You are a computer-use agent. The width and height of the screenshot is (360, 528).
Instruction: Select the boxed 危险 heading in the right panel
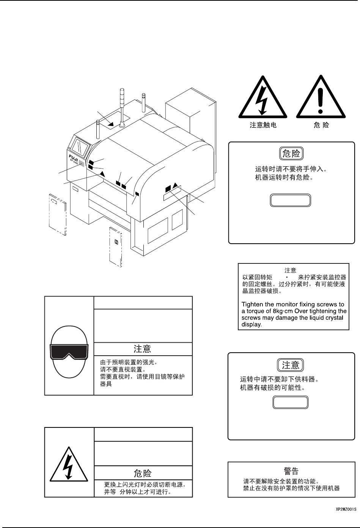pyautogui.click(x=291, y=154)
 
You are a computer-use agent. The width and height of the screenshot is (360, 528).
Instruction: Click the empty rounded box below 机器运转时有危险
pyautogui.click(x=291, y=200)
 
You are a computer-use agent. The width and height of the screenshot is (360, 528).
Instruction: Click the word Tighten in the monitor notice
pyautogui.click(x=252, y=304)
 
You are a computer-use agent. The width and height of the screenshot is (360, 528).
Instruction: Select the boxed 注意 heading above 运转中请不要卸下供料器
pyautogui.click(x=291, y=365)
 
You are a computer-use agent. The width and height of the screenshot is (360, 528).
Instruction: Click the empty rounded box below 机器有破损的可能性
pyautogui.click(x=291, y=403)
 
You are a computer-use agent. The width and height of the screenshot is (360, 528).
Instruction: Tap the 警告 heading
pyautogui.click(x=291, y=471)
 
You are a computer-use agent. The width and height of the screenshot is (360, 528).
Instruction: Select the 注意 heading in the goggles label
pyautogui.click(x=143, y=349)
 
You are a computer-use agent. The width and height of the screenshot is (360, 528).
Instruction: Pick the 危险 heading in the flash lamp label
pyautogui.click(x=143, y=473)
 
